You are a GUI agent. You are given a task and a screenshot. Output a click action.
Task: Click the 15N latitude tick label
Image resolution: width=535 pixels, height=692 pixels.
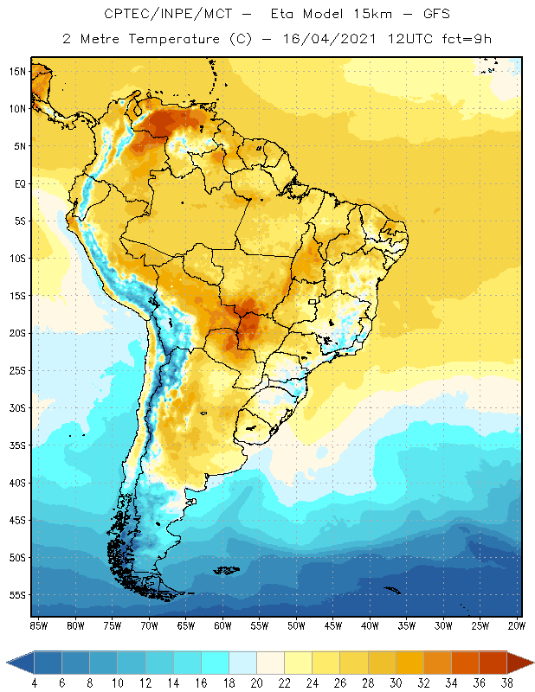click(x=17, y=71)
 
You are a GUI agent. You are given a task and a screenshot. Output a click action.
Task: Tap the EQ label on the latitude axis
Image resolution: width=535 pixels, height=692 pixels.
click(x=19, y=183)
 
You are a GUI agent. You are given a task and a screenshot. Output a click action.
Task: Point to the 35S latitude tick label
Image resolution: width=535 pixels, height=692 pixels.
click(x=17, y=445)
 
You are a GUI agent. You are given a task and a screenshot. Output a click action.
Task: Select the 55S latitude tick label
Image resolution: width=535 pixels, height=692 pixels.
click(x=17, y=595)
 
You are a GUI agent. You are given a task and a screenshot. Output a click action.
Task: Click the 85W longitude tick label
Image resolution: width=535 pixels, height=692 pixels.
click(x=38, y=625)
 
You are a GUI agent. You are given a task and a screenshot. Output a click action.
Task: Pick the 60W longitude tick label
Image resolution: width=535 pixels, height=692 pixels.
click(x=222, y=625)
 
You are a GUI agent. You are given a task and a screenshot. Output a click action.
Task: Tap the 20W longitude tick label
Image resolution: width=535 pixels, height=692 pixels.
click(x=517, y=625)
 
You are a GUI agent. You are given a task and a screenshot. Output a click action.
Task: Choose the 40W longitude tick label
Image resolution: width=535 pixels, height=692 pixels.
click(x=370, y=625)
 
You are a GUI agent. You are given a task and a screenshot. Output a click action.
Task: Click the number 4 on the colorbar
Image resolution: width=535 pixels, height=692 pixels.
click(x=34, y=682)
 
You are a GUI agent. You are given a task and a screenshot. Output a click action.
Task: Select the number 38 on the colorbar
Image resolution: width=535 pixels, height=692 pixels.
click(x=505, y=682)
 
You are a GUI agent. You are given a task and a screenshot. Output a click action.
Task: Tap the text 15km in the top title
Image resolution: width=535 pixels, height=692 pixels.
click(x=364, y=15)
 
